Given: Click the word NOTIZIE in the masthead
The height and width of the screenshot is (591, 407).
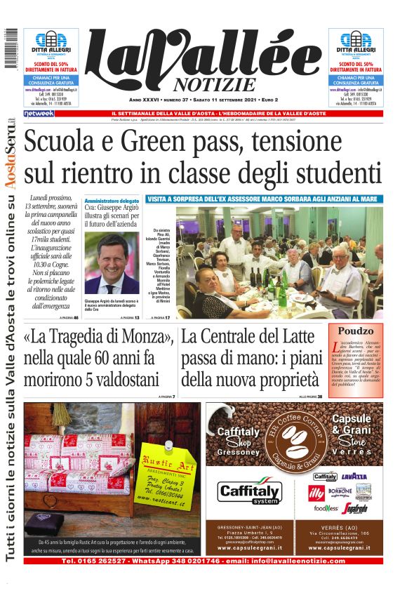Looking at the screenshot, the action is pos(210,85).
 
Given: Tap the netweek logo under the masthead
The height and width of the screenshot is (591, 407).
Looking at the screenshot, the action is pos(39,114).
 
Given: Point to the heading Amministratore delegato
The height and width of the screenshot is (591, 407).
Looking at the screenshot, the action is pos(112,200).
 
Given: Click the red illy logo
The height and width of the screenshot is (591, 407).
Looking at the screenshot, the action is pos(317,491).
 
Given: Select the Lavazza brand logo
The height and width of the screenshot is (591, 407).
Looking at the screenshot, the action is pos(354,477).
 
